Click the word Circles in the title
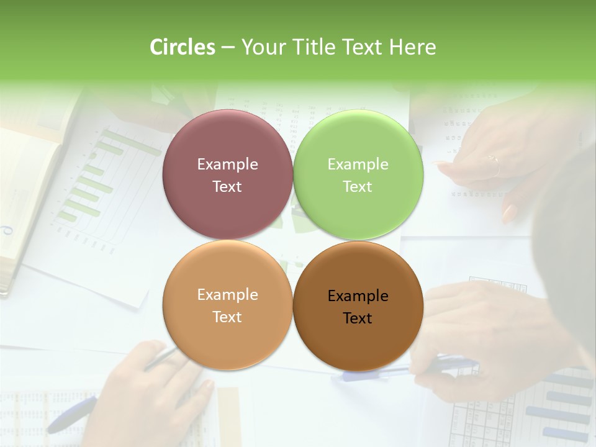[183, 47]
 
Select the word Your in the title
[261, 47]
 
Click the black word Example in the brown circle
[358, 296]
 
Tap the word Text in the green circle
[358, 186]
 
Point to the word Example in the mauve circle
[227, 165]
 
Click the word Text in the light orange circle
[227, 317]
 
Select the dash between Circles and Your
[228, 48]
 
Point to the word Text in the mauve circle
[227, 186]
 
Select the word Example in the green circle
[358, 165]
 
